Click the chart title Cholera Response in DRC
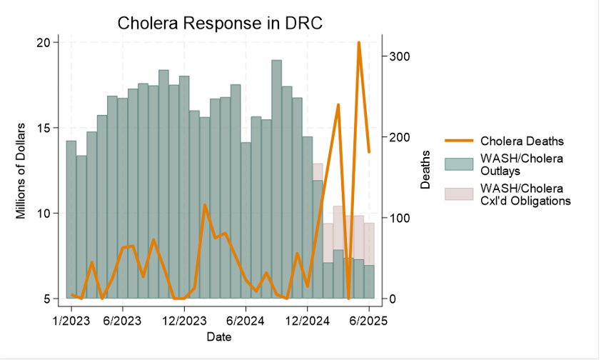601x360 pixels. [220, 23]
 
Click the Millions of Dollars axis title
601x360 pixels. [21, 171]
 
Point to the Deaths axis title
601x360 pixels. [426, 170]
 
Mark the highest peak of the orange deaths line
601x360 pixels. [359, 43]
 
